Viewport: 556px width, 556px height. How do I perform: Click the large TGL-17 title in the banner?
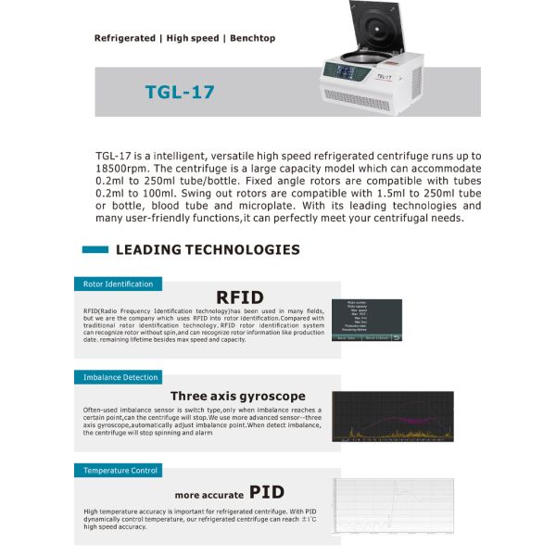click(182, 93)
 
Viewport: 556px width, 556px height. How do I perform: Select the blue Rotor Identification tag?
click(118, 284)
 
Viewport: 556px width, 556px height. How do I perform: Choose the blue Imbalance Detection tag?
click(120, 377)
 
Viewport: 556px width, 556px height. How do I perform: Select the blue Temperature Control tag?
click(120, 470)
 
